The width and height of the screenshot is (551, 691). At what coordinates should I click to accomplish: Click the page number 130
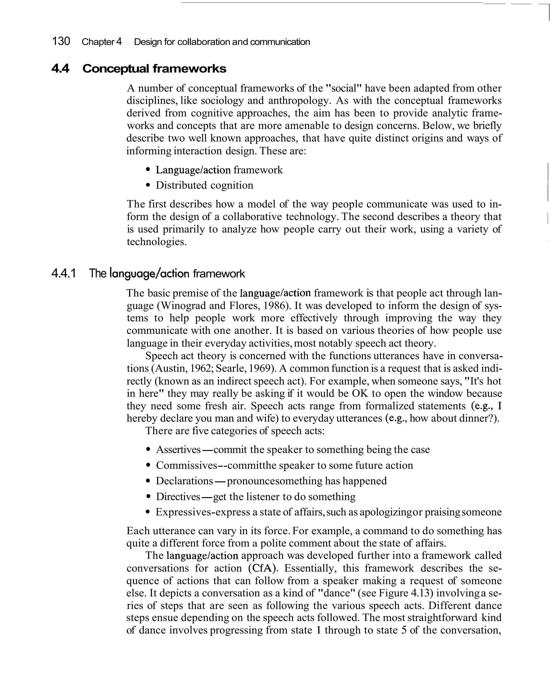coord(61,41)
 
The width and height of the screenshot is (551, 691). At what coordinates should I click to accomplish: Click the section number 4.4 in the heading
coord(60,69)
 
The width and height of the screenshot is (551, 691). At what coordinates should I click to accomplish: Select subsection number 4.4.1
coord(63,273)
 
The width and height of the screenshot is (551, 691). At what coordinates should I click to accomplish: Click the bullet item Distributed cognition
coord(204,185)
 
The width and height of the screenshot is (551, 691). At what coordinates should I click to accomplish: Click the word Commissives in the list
coord(186,465)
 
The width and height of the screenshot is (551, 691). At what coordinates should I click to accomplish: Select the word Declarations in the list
coord(184,481)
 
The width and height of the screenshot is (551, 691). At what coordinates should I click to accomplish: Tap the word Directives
coord(178,496)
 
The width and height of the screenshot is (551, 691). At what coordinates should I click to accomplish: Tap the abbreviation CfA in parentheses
coord(262,568)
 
